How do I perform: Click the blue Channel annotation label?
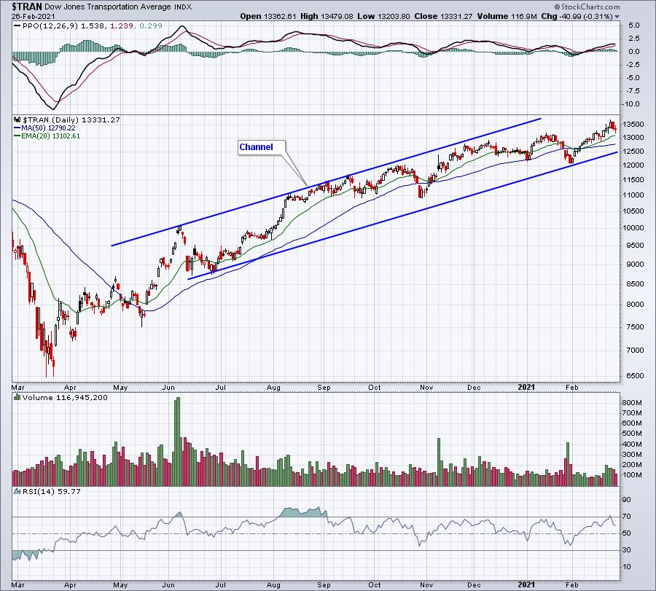click(x=256, y=147)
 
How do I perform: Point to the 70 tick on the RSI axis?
click(x=625, y=517)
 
